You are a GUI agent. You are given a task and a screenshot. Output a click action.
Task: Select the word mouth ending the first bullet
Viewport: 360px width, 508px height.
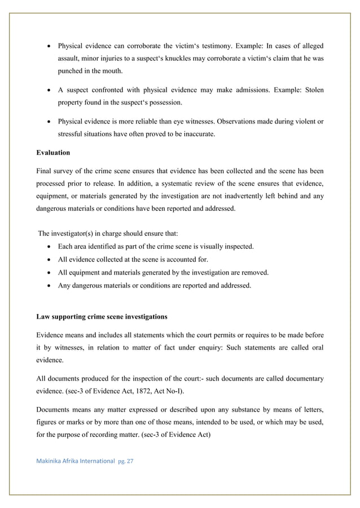click(x=111, y=72)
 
